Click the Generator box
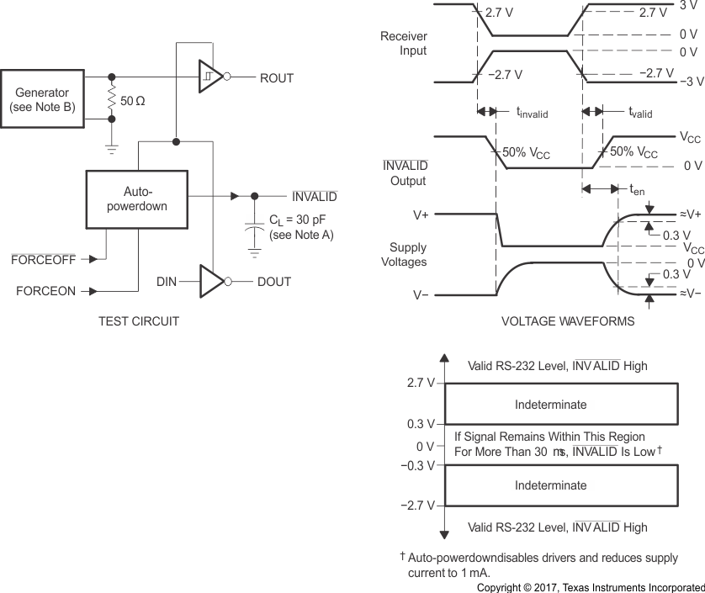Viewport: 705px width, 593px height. pos(45,99)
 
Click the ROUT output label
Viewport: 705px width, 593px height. pos(276,77)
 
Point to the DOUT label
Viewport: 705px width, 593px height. pos(274,282)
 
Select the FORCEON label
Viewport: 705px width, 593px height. pos(42,292)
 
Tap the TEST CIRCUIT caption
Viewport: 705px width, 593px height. pos(139,321)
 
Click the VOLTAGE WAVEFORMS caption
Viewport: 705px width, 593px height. pos(568,321)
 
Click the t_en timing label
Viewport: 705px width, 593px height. pos(637,190)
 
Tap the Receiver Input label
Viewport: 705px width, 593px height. pos(404,44)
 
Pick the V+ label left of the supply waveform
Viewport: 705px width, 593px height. pos(421,215)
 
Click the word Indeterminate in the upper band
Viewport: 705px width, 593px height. pos(550,405)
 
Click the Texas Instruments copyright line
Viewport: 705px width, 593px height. pos(590,586)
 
